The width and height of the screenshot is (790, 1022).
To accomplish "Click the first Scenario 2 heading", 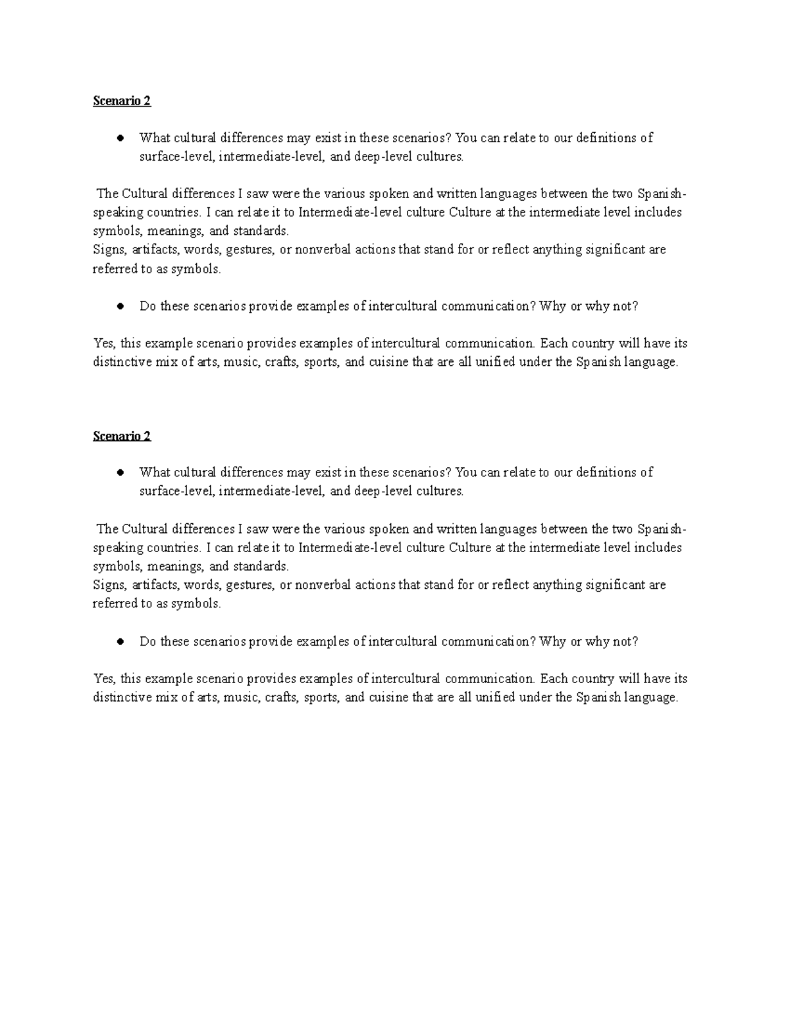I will point(122,101).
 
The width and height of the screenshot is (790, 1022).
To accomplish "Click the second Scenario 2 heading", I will point(122,436).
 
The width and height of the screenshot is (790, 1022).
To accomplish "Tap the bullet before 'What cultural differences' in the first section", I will point(120,138).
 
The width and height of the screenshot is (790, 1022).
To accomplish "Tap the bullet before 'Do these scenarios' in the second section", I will point(120,642).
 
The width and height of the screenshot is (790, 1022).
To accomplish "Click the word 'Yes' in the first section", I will point(104,344).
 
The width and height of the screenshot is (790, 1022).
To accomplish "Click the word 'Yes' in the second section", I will point(104,678).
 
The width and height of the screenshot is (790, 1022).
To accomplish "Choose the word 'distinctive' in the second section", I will point(123,698).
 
